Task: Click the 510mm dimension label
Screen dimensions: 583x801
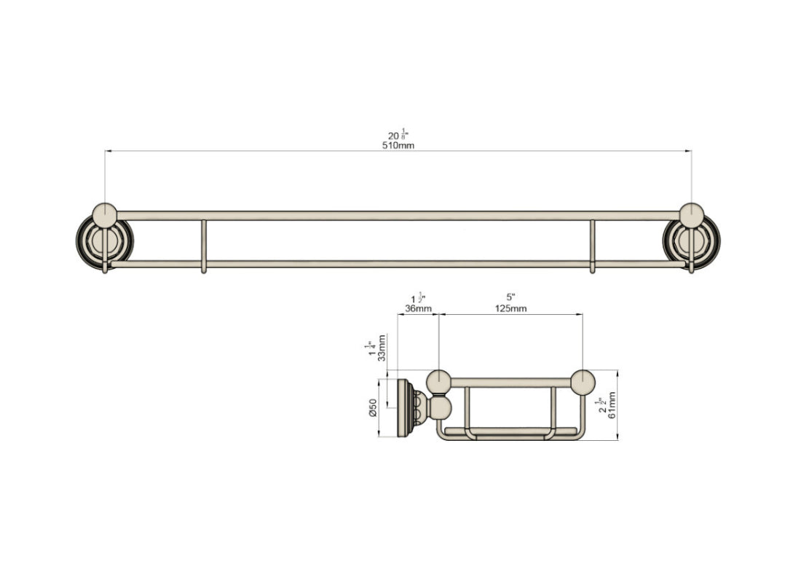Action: click(x=398, y=146)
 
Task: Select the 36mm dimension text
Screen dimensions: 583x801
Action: click(x=418, y=308)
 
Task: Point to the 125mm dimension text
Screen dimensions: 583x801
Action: click(x=510, y=308)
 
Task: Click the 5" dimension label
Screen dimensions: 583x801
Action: click(x=510, y=297)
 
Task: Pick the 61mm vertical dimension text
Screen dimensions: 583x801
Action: click(x=612, y=405)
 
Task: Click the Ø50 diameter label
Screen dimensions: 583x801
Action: click(x=373, y=408)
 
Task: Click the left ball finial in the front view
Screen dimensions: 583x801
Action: click(x=105, y=215)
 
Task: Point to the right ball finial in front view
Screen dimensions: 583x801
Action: click(x=691, y=215)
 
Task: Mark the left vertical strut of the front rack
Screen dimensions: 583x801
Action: click(x=203, y=245)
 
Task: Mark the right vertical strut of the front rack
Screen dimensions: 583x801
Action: click(x=592, y=245)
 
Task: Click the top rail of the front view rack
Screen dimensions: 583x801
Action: click(x=398, y=216)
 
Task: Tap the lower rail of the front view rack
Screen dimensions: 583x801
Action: click(x=398, y=264)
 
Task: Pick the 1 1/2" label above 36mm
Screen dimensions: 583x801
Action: click(x=418, y=298)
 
